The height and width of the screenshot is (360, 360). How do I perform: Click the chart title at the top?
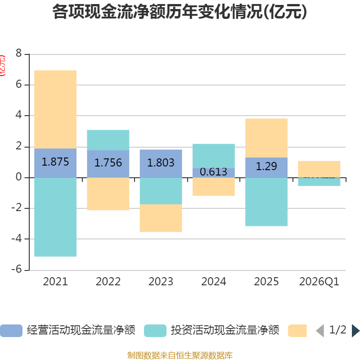point(180,12)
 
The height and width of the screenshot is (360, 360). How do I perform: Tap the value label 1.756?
point(108,162)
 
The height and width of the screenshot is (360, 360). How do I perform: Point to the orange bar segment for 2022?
point(108,194)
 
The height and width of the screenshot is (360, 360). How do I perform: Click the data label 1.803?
point(161,162)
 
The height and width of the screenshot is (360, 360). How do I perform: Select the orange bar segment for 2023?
point(161,218)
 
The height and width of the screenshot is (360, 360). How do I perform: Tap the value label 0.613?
point(213,172)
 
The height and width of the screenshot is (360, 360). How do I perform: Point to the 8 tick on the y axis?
point(18,54)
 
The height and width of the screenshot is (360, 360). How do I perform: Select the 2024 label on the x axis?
point(213,282)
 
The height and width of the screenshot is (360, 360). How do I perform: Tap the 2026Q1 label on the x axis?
point(319,282)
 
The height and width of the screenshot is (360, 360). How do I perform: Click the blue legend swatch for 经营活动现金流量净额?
point(11,330)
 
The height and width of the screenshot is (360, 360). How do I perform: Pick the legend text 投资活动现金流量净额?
point(225,330)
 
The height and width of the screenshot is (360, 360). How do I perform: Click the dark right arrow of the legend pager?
point(355,330)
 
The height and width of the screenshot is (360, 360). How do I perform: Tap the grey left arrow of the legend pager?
point(320,330)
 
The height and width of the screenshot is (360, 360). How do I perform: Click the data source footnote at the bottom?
point(180,355)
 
